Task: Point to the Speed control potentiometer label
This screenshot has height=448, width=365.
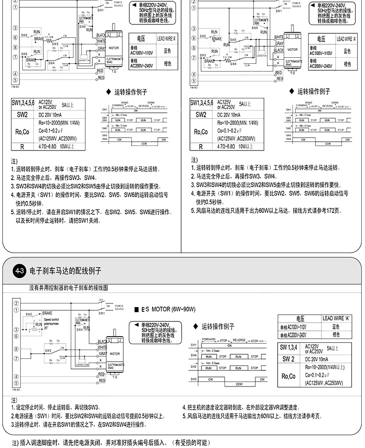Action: point(51,321)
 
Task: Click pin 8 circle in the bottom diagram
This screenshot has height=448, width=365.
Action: point(16,349)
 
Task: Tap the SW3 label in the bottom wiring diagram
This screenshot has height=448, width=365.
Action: point(48,350)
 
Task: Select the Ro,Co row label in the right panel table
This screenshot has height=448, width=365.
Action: point(201,132)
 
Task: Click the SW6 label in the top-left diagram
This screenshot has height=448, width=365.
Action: point(83,27)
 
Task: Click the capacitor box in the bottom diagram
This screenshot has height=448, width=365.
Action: point(84,363)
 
